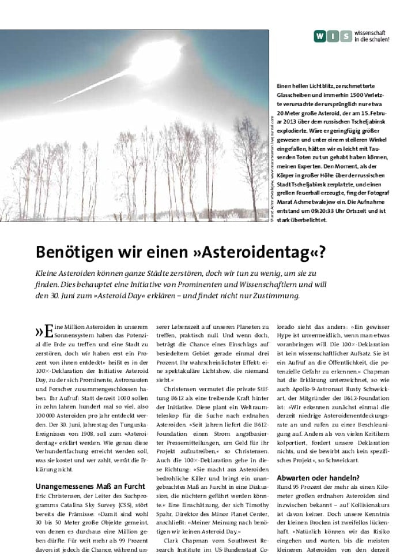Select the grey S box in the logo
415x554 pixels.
coord(345,37)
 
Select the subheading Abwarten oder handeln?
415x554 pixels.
coord(318,478)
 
